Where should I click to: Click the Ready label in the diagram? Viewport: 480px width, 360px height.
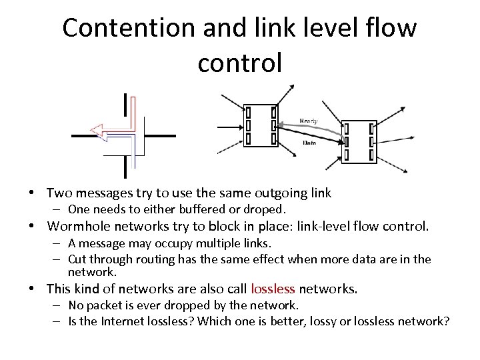[x=309, y=121]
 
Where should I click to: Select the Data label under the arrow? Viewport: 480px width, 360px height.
[x=309, y=143]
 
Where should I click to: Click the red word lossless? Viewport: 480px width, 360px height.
[x=273, y=289]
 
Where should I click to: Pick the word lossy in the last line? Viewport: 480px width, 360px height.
[x=337, y=321]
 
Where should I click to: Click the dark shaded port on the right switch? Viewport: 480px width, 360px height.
[x=346, y=141]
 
